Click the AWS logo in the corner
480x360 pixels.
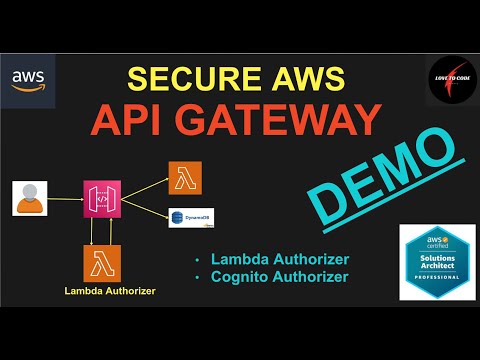(x=27, y=82)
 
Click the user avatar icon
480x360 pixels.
(x=30, y=198)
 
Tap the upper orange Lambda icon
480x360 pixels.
(x=185, y=176)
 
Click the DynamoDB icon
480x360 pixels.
(x=183, y=216)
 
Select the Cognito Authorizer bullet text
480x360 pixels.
(x=279, y=276)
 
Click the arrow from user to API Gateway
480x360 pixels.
(x=65, y=198)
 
